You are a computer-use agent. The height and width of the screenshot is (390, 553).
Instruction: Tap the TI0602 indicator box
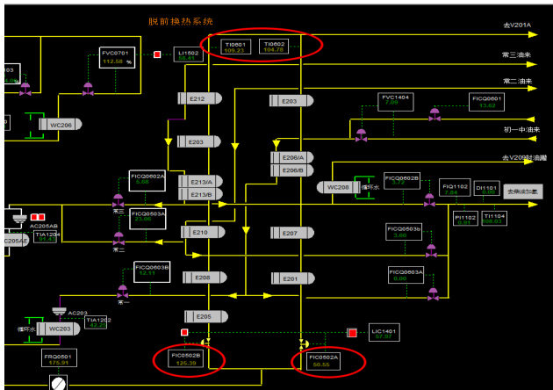click(275, 47)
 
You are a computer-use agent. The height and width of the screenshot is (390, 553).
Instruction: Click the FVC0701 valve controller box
click(115, 58)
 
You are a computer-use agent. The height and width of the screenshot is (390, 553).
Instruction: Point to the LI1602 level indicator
click(189, 55)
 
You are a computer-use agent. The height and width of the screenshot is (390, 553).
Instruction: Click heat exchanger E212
click(197, 99)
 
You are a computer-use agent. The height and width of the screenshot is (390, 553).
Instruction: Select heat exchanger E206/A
click(291, 157)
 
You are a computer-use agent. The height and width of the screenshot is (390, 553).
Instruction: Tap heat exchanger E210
click(199, 232)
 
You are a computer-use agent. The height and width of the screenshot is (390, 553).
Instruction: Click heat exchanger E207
click(291, 233)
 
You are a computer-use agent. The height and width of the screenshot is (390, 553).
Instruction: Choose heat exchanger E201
click(291, 278)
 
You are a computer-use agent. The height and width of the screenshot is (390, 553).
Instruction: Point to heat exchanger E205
click(203, 316)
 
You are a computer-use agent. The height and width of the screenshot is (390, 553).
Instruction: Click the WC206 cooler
click(60, 125)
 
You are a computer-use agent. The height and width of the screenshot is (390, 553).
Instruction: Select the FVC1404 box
click(393, 99)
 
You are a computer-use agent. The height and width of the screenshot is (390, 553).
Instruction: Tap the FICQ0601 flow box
click(488, 101)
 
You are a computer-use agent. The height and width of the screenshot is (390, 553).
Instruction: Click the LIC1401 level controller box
click(383, 332)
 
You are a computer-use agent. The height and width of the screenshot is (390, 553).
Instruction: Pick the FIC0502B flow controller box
click(187, 358)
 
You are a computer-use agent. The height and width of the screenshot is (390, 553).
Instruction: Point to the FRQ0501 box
click(60, 358)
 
